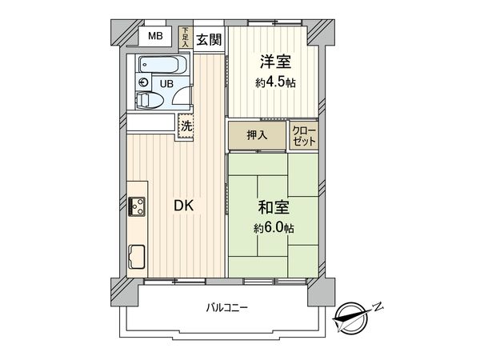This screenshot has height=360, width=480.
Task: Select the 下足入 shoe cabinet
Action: coord(185,38)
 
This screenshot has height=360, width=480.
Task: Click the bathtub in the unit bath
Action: coord(162,65)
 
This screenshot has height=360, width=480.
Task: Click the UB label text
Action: coord(167,83)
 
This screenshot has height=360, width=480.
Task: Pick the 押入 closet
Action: coord(257,135)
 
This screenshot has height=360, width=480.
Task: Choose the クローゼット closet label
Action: coord(305,135)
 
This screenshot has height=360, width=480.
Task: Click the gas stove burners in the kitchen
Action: coord(137,206)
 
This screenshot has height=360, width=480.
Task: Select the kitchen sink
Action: coord(135,258)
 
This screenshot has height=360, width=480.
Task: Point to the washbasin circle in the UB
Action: coord(143,82)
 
